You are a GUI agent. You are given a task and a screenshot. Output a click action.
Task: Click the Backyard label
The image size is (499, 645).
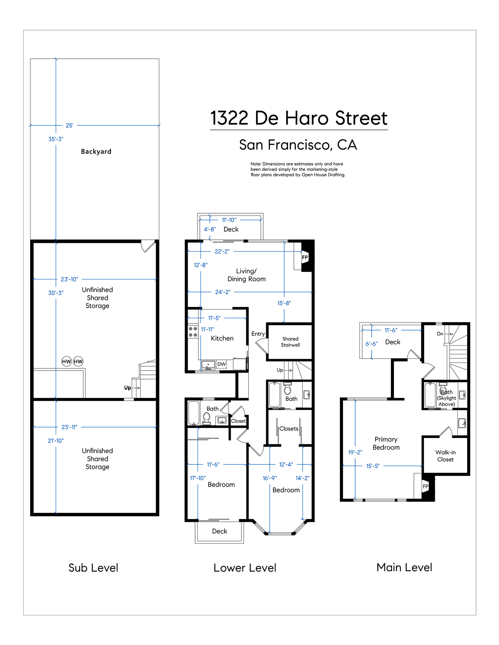point(96,152)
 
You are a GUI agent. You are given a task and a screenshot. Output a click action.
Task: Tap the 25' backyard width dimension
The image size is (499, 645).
point(69,125)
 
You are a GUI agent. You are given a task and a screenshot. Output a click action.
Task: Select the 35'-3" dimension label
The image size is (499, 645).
point(56,139)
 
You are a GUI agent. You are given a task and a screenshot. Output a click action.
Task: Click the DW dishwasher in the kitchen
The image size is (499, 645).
point(222,364)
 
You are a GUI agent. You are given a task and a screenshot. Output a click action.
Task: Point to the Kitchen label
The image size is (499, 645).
point(222,338)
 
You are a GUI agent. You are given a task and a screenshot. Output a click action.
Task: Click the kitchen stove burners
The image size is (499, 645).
point(193,332)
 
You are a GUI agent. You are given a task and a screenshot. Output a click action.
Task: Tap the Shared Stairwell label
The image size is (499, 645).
point(290,342)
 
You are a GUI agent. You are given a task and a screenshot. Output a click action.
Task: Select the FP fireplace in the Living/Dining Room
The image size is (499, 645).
point(305,257)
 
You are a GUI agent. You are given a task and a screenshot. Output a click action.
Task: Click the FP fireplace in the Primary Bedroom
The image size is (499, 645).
point(425,486)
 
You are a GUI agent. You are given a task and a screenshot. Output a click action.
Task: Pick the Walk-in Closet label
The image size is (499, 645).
point(446,456)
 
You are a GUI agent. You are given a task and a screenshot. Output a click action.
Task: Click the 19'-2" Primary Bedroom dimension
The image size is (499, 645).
point(355,452)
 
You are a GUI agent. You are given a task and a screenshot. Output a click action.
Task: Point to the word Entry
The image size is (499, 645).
point(258,334)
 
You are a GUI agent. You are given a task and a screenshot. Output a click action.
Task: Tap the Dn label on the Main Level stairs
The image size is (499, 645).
point(440,334)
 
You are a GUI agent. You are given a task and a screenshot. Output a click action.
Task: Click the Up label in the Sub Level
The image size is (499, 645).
point(127,388)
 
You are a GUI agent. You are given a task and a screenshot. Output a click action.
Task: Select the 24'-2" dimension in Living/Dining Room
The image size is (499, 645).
point(223,292)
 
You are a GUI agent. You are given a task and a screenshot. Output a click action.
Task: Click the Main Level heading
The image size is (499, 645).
point(404,567)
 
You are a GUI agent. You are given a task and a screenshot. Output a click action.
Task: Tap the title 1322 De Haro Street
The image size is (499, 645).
point(299,118)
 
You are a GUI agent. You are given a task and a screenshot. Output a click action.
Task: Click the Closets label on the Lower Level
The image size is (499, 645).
point(289,429)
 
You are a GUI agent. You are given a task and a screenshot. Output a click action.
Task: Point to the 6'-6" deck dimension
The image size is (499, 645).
point(372,344)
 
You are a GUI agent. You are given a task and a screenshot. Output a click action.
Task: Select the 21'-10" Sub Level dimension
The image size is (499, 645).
point(56,441)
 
